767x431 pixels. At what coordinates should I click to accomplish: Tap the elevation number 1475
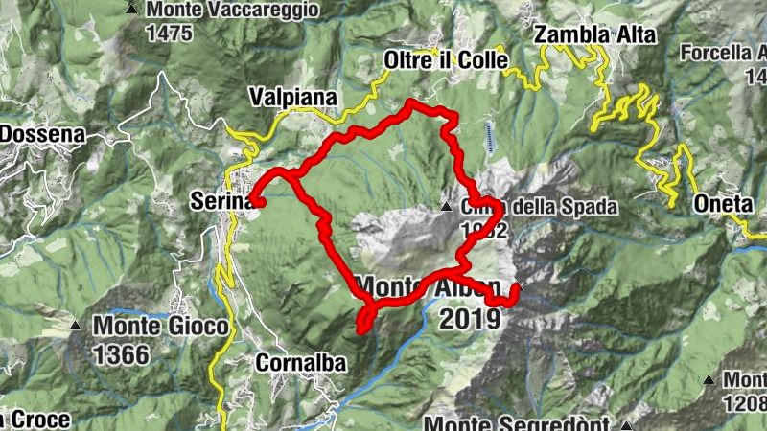[x=171, y=33]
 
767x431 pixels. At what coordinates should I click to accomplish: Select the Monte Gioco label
[x=161, y=327]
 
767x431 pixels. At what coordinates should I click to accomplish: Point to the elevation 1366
[x=123, y=355]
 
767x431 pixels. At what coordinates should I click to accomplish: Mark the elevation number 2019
[x=470, y=317]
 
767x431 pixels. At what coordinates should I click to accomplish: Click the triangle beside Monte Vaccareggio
[x=131, y=9]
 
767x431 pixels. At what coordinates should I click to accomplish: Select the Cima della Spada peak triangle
[x=445, y=206]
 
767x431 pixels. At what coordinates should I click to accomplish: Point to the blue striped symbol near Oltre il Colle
[x=491, y=138]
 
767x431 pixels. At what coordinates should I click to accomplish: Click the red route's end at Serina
[x=256, y=201]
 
